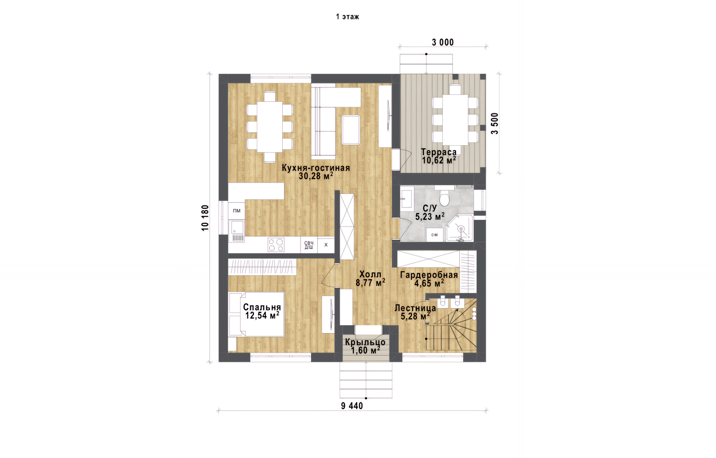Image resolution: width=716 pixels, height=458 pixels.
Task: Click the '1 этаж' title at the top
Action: coord(347,17)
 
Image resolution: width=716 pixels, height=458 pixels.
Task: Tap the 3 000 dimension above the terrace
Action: coord(443,42)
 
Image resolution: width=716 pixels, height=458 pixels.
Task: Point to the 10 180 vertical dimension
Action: coord(205,218)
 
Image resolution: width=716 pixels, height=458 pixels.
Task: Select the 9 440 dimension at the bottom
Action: coord(352,406)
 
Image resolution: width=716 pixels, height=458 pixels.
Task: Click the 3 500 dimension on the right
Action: coord(494,123)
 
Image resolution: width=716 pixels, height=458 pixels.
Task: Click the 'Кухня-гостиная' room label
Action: coord(316,168)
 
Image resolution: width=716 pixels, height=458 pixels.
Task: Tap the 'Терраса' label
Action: coord(439,152)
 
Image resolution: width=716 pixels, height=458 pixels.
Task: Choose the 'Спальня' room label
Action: coord(262,307)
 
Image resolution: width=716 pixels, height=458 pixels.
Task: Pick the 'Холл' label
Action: coord(370,274)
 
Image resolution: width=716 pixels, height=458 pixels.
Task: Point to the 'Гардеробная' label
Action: coord(429,275)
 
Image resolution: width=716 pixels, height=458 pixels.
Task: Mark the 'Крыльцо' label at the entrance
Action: coord(365,342)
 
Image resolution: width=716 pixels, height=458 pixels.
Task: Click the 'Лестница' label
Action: coord(415,308)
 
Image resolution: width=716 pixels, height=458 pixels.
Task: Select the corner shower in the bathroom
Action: coord(460,228)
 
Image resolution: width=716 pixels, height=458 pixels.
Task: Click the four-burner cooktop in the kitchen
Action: coord(276,245)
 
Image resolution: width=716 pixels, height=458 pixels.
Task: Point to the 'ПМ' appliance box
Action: coord(237,211)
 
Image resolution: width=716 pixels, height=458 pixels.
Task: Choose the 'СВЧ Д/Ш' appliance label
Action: coord(309,245)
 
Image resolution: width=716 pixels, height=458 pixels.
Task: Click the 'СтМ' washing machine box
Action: coord(434,235)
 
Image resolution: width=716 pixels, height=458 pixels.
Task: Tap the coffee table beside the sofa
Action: coord(351,130)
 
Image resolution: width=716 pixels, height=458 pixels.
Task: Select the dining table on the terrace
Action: coord(455,120)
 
